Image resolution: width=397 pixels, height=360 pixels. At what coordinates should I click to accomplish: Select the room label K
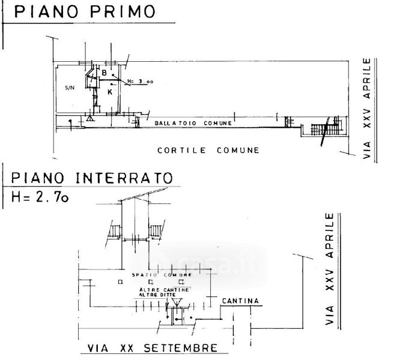point(111,92)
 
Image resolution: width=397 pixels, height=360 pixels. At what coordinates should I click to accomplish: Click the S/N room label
point(70,88)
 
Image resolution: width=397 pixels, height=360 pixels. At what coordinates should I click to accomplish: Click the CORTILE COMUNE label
point(208,150)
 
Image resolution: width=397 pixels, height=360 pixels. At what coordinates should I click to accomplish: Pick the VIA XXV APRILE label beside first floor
point(368,110)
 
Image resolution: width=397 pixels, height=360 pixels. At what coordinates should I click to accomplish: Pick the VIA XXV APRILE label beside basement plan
point(329,269)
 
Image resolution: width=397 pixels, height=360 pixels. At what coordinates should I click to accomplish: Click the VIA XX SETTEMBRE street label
point(152,348)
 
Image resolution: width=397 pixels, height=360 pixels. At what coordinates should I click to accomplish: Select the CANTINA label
point(240,300)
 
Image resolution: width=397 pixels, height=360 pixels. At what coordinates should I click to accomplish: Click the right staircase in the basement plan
point(156,230)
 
